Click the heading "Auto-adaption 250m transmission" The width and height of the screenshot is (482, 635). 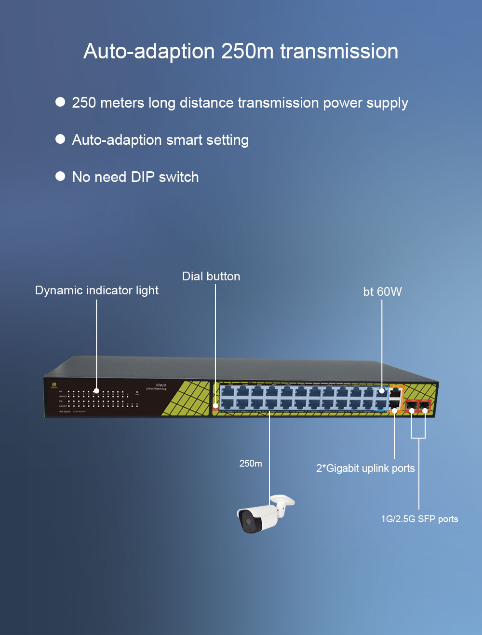(x=241, y=52)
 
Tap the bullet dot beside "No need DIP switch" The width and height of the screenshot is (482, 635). (x=60, y=176)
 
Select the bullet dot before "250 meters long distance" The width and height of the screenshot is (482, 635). (x=60, y=102)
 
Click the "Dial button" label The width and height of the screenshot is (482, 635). (x=211, y=276)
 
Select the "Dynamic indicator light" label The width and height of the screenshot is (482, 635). (x=96, y=290)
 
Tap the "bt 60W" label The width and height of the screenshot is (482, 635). (x=382, y=291)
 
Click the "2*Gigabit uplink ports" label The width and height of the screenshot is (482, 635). (x=365, y=468)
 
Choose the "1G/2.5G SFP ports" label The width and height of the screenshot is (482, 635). (x=419, y=519)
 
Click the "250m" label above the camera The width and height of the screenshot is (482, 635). (x=251, y=464)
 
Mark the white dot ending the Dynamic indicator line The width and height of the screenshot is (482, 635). (x=96, y=391)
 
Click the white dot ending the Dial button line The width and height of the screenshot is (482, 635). (x=215, y=406)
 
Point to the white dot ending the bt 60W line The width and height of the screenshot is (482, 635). (x=382, y=391)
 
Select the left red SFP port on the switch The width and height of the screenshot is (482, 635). (x=412, y=405)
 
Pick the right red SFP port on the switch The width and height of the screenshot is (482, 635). (x=425, y=405)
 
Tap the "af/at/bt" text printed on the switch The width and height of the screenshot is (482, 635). (x=161, y=385)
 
